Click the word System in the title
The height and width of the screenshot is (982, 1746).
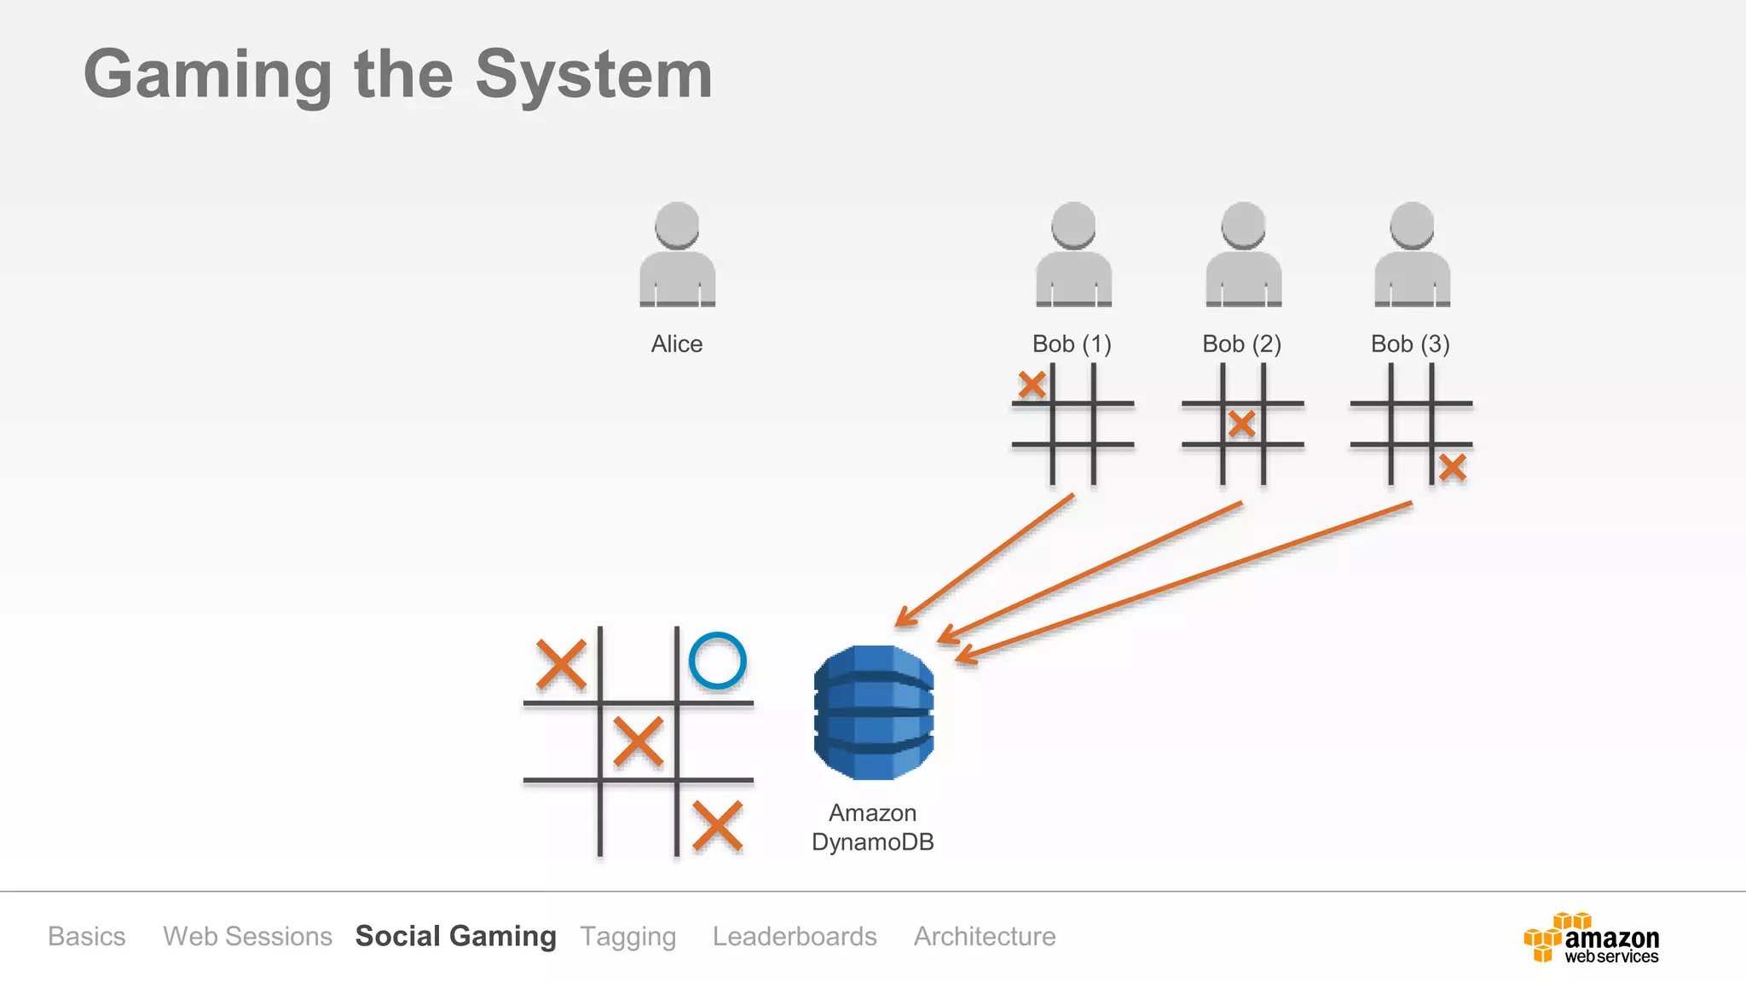point(593,75)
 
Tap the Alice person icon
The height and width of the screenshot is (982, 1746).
point(677,256)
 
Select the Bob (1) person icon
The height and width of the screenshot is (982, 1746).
point(1073,256)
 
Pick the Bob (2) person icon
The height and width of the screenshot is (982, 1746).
point(1243,256)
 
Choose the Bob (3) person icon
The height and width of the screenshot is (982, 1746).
point(1412,256)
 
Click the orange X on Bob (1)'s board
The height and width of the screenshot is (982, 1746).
point(1032,384)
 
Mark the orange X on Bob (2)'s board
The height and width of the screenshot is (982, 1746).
point(1242,424)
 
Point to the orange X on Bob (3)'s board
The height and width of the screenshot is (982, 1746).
point(1453,467)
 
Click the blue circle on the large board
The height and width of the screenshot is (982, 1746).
point(717,661)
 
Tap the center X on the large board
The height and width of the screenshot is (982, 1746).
point(638,741)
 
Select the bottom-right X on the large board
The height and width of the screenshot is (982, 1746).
point(717,825)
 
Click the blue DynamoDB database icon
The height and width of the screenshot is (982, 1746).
point(873,713)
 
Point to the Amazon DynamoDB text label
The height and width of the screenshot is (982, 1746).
point(873,827)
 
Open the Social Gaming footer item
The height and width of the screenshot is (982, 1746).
point(455,936)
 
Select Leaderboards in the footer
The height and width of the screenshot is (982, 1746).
point(795,936)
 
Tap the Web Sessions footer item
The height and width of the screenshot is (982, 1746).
point(247,936)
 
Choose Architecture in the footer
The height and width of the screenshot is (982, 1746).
point(985,936)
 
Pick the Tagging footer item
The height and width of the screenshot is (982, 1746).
point(628,936)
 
